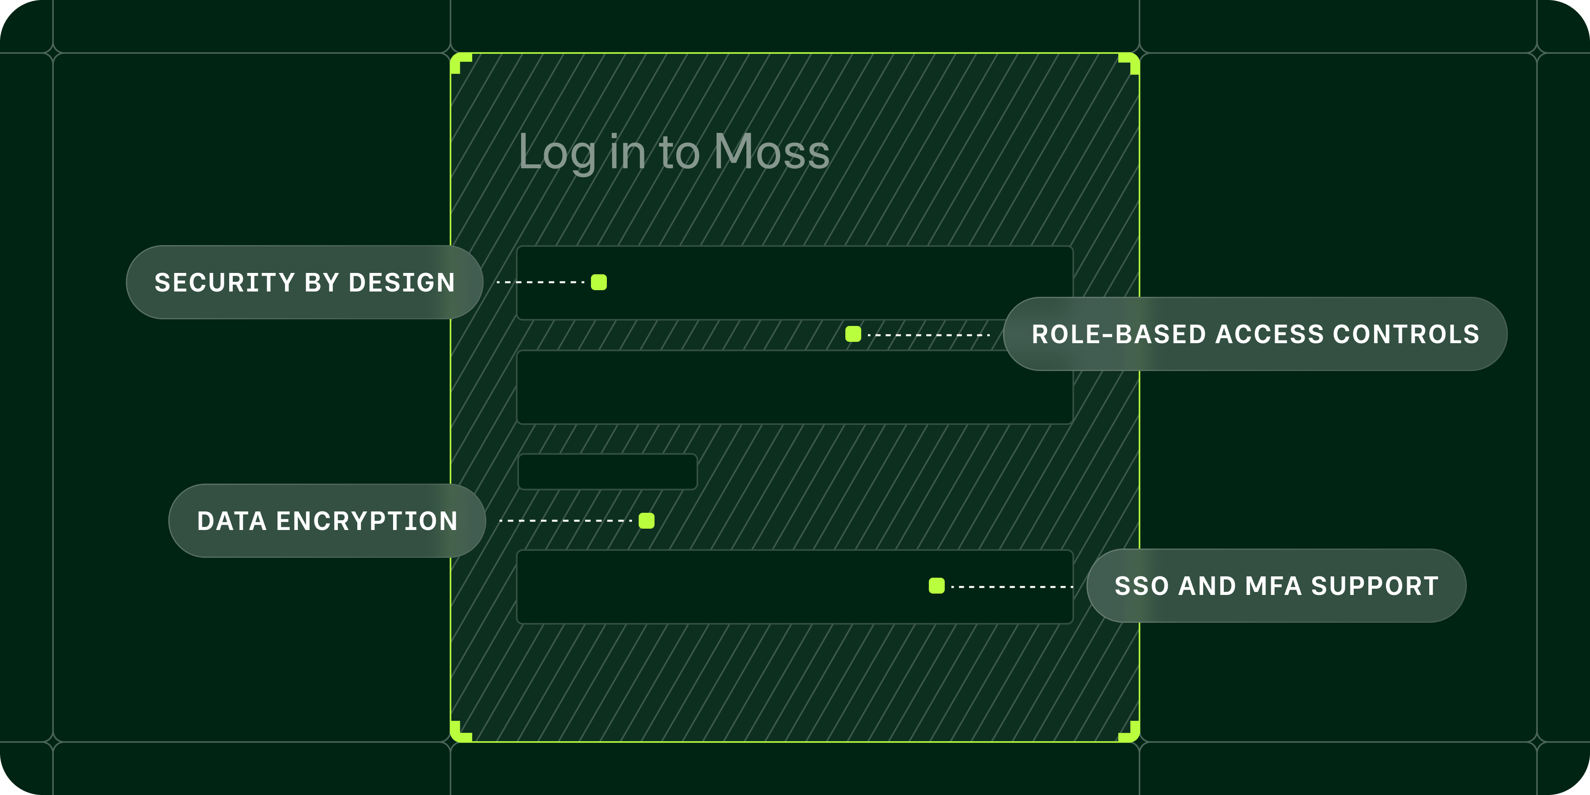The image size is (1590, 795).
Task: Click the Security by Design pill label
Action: tap(304, 282)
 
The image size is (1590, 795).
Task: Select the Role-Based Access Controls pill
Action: tap(1256, 334)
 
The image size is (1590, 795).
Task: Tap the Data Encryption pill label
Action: tap(327, 521)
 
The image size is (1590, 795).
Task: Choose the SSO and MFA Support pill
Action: tap(1276, 586)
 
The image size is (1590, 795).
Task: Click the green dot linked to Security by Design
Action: tap(599, 282)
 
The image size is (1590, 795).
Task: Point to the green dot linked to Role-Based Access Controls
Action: tap(853, 334)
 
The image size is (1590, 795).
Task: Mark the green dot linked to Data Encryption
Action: tap(646, 521)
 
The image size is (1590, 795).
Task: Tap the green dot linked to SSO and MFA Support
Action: tap(936, 586)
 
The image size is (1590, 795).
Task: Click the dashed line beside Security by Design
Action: tap(541, 282)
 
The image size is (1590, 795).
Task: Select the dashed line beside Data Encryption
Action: tap(565, 521)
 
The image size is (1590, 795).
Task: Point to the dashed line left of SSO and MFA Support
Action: tap(1012, 587)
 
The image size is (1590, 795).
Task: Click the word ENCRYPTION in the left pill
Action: tap(367, 521)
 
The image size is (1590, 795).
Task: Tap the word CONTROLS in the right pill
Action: tap(1406, 334)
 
